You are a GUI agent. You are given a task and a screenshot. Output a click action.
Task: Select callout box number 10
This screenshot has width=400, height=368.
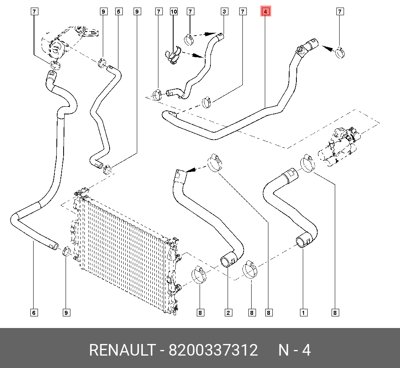tap(174, 12)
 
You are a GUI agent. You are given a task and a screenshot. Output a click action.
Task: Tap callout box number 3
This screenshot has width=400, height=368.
tap(224, 12)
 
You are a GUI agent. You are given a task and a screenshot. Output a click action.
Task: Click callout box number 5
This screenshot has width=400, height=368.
tap(118, 12)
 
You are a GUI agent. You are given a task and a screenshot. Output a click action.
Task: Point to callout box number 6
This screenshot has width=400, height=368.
tap(34, 312)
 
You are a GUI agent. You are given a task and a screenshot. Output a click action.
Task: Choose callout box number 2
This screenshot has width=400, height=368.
tap(228, 312)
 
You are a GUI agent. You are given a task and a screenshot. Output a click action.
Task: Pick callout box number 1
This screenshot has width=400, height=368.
tap(304, 312)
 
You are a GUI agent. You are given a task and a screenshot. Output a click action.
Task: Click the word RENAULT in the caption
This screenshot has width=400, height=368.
tap(122, 350)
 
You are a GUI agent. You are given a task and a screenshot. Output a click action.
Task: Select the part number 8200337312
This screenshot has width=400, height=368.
tap(213, 350)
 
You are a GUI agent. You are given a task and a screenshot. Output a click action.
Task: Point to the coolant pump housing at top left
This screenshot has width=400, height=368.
tap(60, 46)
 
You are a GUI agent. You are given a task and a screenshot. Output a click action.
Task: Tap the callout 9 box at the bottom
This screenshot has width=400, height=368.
tap(66, 312)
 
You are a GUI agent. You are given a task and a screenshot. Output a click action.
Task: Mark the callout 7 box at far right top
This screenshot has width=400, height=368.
tap(340, 12)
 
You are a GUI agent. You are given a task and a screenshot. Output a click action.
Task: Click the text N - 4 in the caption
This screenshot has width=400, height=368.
tap(294, 350)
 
